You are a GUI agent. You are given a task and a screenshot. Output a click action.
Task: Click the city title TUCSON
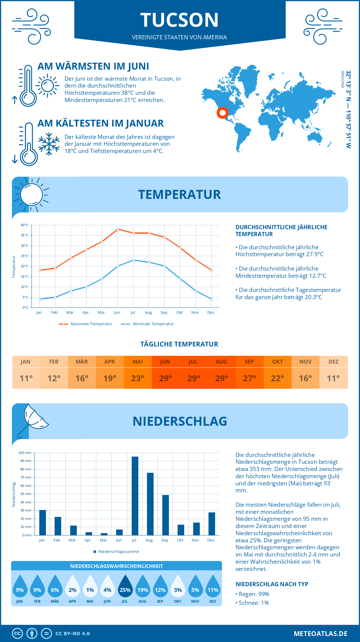tap(179, 20)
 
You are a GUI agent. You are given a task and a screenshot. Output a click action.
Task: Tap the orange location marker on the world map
tap(222, 113)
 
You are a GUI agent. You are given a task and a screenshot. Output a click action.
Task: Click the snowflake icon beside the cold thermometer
tap(49, 144)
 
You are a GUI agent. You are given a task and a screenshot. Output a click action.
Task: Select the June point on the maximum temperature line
tap(118, 229)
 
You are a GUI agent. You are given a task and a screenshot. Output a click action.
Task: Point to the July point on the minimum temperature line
tap(133, 260)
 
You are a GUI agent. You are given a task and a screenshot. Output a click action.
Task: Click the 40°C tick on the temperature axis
tap(25, 225)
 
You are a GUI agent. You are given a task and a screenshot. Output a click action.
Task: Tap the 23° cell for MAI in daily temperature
tap(138, 378)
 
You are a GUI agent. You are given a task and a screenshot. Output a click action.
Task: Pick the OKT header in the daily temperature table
tap(277, 362)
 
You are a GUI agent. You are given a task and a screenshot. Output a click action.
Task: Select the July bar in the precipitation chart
tap(135, 496)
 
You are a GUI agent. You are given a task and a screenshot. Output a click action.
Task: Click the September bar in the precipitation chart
tap(166, 515)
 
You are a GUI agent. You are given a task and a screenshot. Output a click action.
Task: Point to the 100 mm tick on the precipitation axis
tap(25, 453)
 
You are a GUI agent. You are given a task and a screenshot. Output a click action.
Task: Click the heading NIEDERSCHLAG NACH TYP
tap(272, 584)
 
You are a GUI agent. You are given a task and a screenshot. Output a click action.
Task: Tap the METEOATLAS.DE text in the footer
tap(320, 634)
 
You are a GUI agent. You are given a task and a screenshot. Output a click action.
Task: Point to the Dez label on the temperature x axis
tap(211, 313)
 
